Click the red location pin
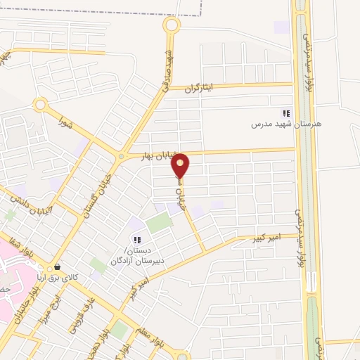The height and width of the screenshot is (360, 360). tap(181, 165)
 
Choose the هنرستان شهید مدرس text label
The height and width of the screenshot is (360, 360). tap(286, 124)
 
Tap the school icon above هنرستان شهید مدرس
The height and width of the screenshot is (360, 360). tap(286, 113)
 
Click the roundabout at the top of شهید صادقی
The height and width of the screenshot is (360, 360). tap(171, 26)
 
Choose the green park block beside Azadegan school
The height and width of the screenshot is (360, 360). tap(159, 224)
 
